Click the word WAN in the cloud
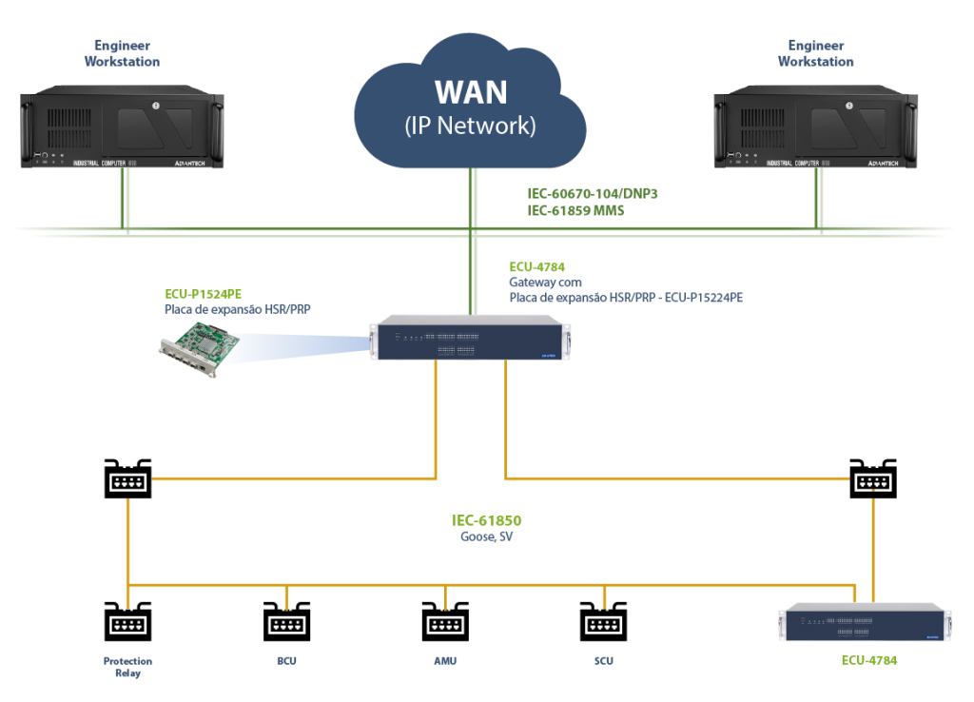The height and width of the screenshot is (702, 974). pyautogui.click(x=471, y=92)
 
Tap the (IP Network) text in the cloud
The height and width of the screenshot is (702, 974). pyautogui.click(x=471, y=125)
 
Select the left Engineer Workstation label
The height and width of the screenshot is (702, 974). pyautogui.click(x=122, y=53)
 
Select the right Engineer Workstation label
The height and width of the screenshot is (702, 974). pyautogui.click(x=816, y=53)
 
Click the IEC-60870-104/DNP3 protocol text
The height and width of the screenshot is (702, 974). pyautogui.click(x=593, y=193)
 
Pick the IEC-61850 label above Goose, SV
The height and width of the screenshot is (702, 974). pyautogui.click(x=487, y=520)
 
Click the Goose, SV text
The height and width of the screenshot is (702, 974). pyautogui.click(x=487, y=536)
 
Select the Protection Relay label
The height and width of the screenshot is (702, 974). pyautogui.click(x=127, y=666)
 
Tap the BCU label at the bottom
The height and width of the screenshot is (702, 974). pyautogui.click(x=286, y=660)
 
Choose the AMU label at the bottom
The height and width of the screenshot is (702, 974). pyautogui.click(x=445, y=660)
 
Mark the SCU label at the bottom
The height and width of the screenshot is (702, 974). pyautogui.click(x=604, y=660)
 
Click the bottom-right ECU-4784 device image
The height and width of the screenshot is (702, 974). pyautogui.click(x=865, y=624)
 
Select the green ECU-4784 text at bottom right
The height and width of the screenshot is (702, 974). pyautogui.click(x=868, y=659)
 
